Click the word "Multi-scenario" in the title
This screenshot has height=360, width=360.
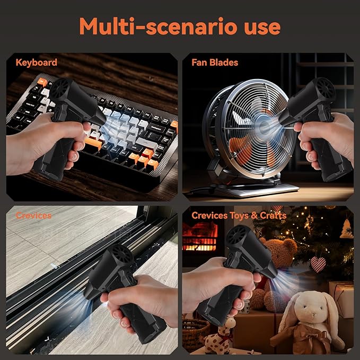(158, 26)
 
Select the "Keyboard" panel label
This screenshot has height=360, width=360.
(36, 63)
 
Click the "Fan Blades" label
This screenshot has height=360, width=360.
(215, 63)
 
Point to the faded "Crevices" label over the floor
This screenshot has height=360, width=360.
(33, 215)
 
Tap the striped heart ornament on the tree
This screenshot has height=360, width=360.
(318, 264)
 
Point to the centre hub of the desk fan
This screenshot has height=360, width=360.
(264, 126)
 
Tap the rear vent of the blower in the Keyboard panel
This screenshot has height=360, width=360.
(60, 88)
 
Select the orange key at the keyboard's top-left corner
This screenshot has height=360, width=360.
(42, 82)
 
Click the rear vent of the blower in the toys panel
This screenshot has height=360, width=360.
(237, 235)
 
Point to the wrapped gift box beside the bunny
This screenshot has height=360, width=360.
(341, 299)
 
